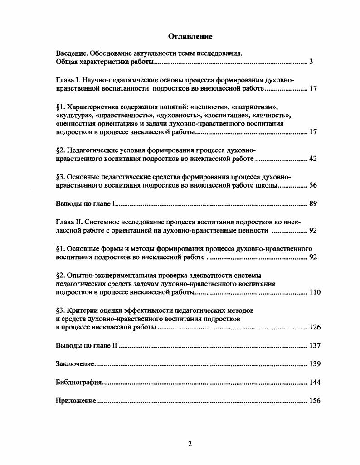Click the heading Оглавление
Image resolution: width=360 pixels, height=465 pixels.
click(x=190, y=36)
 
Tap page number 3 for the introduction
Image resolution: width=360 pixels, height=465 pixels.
click(x=311, y=62)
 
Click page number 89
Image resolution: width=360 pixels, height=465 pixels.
click(x=313, y=203)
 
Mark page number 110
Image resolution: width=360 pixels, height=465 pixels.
click(x=315, y=292)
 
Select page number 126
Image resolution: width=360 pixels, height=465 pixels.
click(x=315, y=328)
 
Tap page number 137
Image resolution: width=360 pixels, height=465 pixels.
click(x=315, y=345)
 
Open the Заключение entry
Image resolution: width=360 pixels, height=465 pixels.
click(x=75, y=364)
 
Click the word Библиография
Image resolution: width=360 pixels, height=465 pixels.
click(x=78, y=383)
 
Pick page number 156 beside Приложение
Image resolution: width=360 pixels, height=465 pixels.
click(x=315, y=401)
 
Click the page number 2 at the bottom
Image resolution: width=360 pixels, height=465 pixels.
click(x=190, y=444)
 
